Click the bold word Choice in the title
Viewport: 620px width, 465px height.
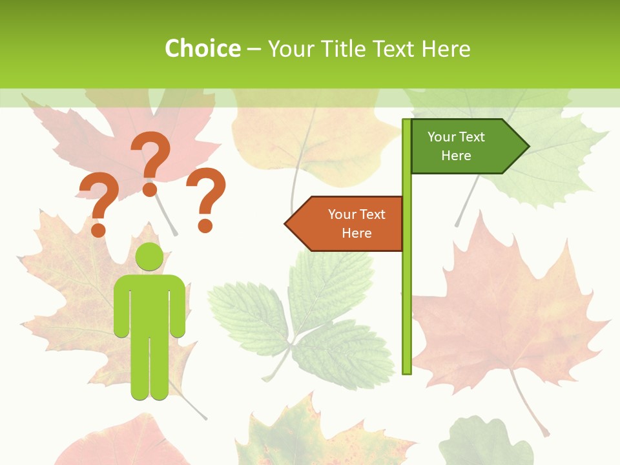(x=202, y=48)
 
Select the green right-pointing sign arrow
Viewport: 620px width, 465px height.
(x=465, y=147)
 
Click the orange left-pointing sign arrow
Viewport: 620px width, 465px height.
(x=349, y=223)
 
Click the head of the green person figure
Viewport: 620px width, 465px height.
(x=149, y=256)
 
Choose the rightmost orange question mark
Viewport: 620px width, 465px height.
(x=207, y=197)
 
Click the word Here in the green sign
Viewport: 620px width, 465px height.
(x=456, y=156)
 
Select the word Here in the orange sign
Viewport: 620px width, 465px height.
(x=356, y=233)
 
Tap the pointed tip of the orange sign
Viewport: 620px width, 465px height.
(x=287, y=223)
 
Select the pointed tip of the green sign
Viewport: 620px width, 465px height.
(x=528, y=147)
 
